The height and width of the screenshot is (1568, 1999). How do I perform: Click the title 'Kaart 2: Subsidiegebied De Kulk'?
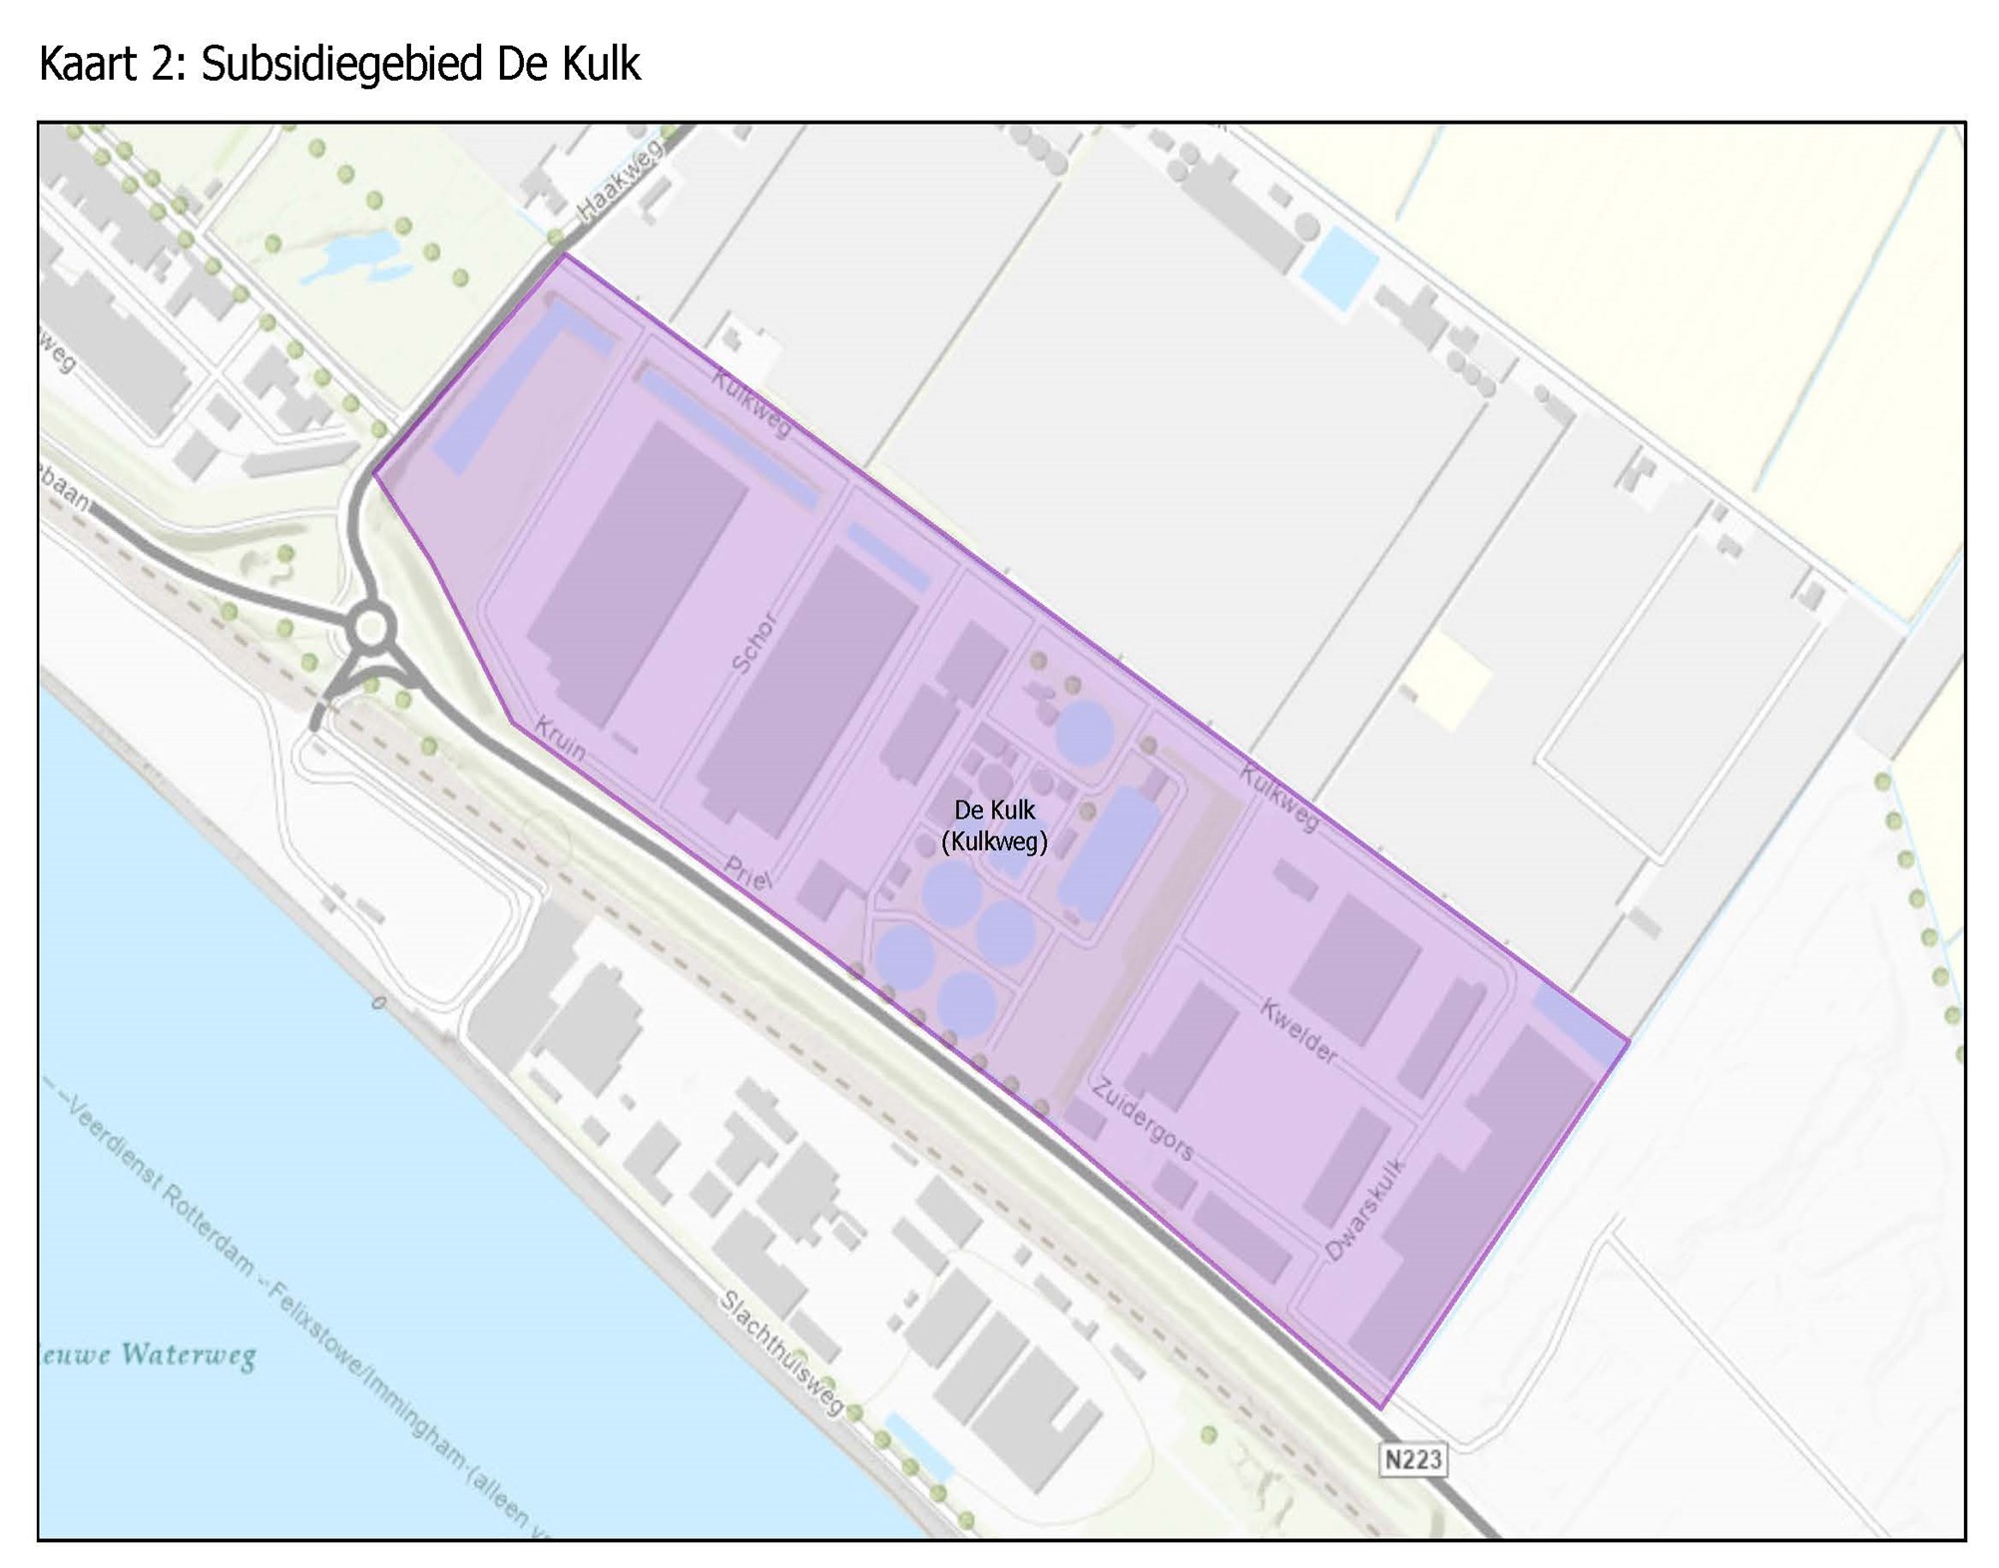coord(339,64)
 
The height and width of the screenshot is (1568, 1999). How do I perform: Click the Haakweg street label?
coord(620,181)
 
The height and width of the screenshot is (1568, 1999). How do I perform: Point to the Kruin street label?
coord(560,739)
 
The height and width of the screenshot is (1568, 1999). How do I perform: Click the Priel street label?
coord(748,874)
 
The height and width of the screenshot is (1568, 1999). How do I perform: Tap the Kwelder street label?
coord(1297,1030)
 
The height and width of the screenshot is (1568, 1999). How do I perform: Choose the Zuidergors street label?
coord(1143,1119)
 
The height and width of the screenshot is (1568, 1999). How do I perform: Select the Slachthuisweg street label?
coord(782,1351)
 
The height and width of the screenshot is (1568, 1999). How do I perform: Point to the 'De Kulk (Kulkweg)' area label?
coord(994,825)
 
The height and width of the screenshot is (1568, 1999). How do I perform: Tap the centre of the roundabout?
coord(370,629)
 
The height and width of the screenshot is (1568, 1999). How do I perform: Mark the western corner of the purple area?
coord(375,474)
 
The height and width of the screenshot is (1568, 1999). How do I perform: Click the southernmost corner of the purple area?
coord(1381,1407)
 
